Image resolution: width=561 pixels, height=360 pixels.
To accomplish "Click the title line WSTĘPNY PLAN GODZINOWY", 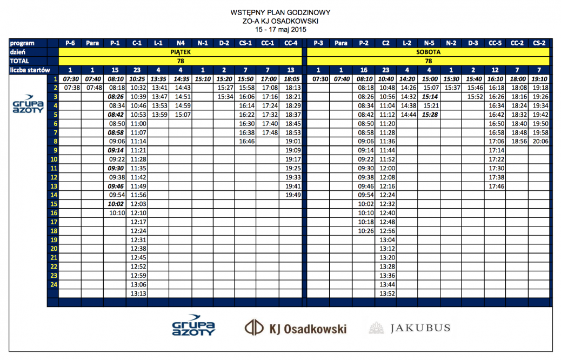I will pos(280,12).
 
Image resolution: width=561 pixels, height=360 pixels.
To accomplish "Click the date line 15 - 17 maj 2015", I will pos(280,29).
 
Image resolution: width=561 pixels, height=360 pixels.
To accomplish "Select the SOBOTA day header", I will pos(429,52).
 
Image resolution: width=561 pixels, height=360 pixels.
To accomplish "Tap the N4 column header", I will pos(181,43).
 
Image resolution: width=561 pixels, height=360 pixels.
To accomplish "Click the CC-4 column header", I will pos(291,43).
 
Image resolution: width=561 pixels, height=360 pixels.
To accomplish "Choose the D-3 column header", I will pos(473,43).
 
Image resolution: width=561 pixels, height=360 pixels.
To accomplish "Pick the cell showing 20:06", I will pos(540,141).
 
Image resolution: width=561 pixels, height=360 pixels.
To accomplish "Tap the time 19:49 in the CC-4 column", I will pos(292,195).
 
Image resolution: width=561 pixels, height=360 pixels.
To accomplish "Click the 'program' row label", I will pos(22,43).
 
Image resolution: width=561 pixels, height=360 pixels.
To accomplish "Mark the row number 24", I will pos(54,284).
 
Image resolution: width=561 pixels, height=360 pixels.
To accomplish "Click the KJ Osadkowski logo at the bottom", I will pos(295,328).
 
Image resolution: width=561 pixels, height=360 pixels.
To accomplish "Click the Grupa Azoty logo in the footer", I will pos(193,325).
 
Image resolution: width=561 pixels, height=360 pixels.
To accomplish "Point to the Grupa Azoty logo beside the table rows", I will pos(26,105).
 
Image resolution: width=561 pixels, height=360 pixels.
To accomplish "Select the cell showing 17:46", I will pos(495,186).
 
